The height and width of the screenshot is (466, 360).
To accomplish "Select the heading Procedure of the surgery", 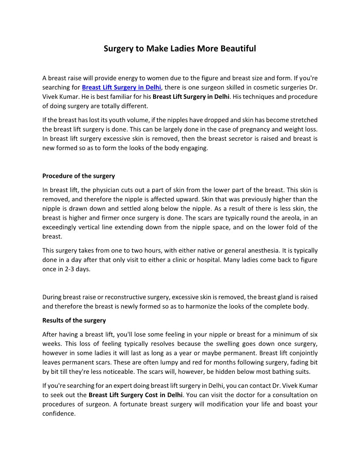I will click(x=79, y=176).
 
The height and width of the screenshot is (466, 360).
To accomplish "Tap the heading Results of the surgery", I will click(x=74, y=320).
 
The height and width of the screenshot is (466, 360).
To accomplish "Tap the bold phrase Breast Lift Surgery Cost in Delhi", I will click(x=135, y=395).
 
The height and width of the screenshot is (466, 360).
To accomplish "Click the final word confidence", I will click(x=59, y=414).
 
